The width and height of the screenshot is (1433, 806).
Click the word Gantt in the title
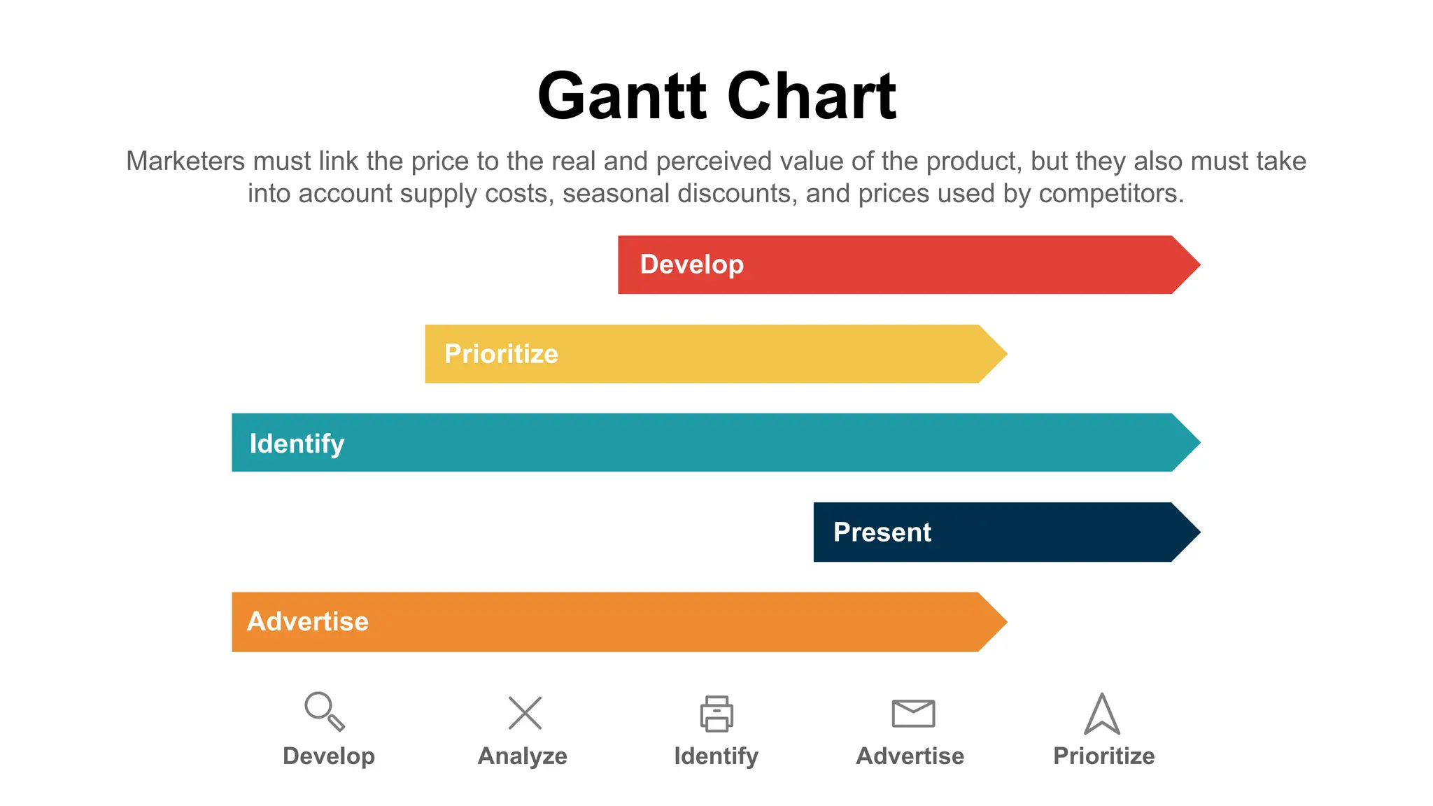[x=621, y=97]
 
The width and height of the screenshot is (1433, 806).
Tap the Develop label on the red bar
[x=691, y=264]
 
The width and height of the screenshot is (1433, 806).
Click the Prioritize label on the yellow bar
[x=501, y=354]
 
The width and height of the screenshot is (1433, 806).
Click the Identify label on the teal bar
[x=297, y=444]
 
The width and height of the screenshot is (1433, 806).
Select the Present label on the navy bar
[x=882, y=532]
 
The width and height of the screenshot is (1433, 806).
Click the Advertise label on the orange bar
[x=308, y=621]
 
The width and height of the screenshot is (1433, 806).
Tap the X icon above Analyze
[x=525, y=713]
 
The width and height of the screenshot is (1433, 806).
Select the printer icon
[x=716, y=714]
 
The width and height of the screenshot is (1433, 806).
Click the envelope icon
[x=913, y=713]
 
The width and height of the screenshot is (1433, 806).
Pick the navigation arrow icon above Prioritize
[x=1102, y=714]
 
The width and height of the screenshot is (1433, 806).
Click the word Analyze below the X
[x=523, y=756]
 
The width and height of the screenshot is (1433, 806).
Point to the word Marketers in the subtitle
[x=185, y=162]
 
